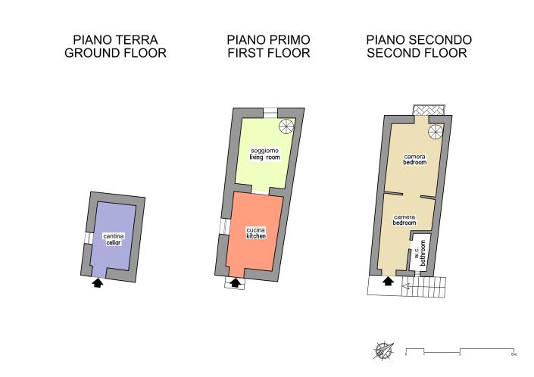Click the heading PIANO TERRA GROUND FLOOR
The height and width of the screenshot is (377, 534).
click(115, 46)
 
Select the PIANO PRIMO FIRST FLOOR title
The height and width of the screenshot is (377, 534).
click(268, 46)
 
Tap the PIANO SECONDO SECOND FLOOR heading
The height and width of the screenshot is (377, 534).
click(419, 46)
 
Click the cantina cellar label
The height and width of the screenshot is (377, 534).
click(114, 239)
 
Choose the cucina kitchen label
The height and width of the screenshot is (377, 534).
click(255, 233)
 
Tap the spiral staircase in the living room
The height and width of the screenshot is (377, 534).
click(286, 126)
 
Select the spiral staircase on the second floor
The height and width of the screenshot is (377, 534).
click(436, 133)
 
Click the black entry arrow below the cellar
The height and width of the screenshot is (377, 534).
click(96, 283)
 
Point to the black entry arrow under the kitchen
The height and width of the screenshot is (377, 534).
click(235, 283)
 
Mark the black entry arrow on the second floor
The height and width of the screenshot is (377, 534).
click(388, 282)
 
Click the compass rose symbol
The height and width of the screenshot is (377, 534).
click(383, 351)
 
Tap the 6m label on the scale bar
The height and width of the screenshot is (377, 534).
click(514, 354)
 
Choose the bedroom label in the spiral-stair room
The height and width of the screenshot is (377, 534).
click(414, 159)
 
